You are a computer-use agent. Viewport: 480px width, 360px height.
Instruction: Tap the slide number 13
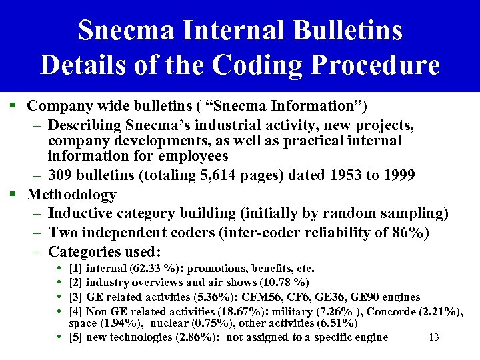[434, 337]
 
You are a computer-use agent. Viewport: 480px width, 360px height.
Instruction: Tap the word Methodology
[71, 195]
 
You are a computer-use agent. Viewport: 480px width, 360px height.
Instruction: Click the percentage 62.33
[149, 269]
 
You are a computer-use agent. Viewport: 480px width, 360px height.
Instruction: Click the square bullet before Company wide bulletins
[13, 106]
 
